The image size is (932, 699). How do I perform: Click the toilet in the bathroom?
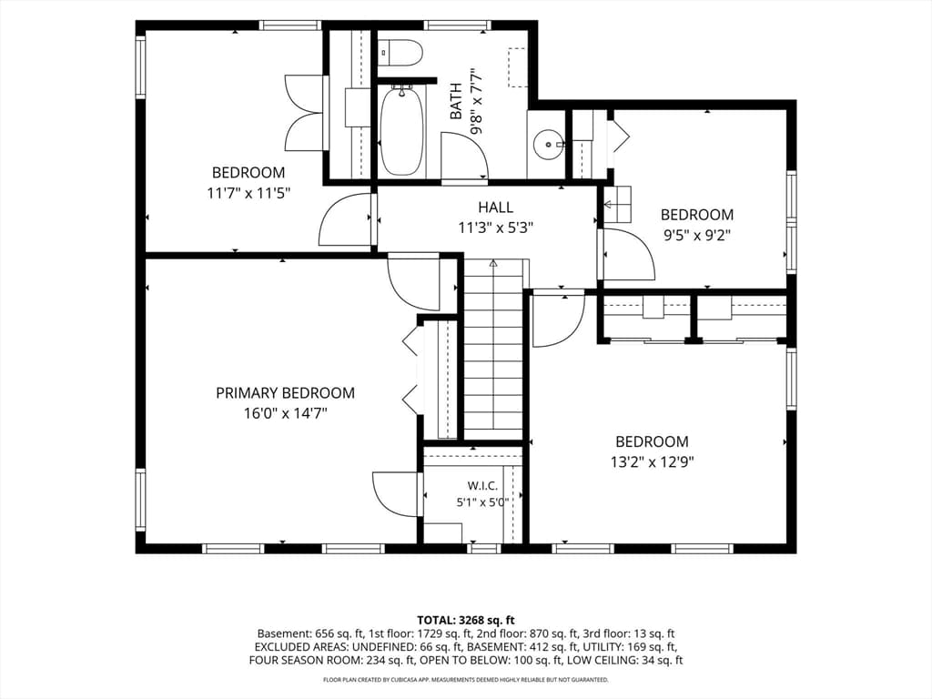tap(400, 52)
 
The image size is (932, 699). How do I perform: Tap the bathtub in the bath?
tap(402, 130)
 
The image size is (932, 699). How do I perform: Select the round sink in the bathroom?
tap(548, 144)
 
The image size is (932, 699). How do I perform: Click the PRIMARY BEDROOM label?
tap(285, 393)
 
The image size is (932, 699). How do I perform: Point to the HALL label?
tap(496, 207)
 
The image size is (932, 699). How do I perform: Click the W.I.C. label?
tap(482, 486)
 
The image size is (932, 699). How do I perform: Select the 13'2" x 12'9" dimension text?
tap(652, 461)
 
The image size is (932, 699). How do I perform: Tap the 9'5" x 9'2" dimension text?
tap(696, 235)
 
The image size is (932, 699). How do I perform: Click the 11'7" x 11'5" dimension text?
tap(248, 193)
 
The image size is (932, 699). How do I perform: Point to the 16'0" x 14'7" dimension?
tap(285, 413)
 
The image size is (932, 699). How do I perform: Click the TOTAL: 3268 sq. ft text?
tap(465, 621)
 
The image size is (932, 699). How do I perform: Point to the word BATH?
tap(456, 101)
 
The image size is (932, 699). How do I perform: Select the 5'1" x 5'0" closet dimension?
tap(482, 502)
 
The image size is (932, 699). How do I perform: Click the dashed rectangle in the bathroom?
tap(518, 67)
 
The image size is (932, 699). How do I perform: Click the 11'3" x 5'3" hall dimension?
tap(496, 227)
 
